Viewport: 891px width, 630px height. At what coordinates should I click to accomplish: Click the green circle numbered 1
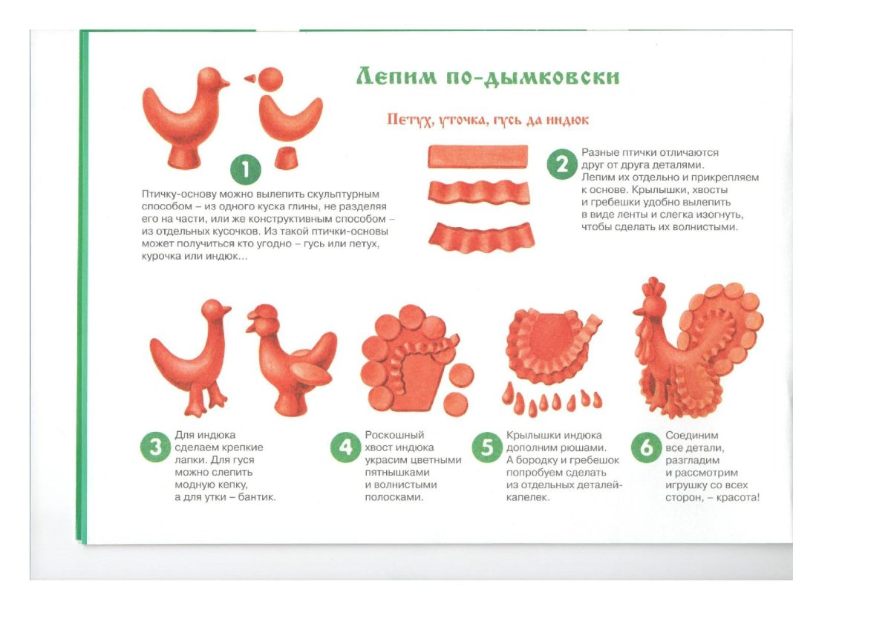(x=246, y=169)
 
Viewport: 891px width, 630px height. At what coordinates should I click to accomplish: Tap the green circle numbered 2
(x=561, y=164)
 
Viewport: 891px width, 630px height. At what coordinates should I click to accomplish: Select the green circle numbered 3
(x=155, y=447)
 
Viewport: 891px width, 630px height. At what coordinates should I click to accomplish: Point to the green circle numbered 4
(x=345, y=447)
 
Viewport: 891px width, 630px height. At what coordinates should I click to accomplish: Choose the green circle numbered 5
(x=487, y=447)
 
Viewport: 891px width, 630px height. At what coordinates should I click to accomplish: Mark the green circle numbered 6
(x=647, y=447)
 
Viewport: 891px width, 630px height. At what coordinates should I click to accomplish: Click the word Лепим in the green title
(x=396, y=76)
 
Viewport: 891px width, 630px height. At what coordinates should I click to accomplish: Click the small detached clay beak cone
(x=249, y=79)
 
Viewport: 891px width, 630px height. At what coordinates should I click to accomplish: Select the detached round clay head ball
(x=270, y=79)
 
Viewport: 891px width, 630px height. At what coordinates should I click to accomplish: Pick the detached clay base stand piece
(x=287, y=158)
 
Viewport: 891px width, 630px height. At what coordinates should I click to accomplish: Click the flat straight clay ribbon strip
(x=477, y=156)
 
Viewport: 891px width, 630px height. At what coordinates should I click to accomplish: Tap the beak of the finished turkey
(x=638, y=312)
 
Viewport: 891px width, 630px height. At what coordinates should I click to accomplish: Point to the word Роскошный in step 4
(x=394, y=435)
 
